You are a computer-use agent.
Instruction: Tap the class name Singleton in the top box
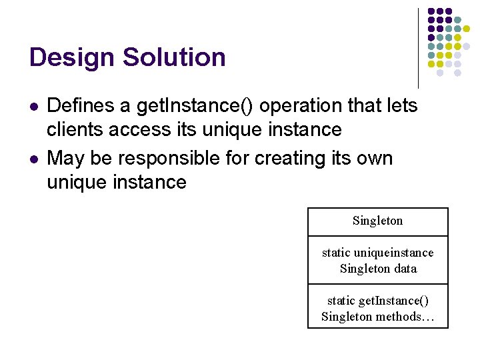point(377,221)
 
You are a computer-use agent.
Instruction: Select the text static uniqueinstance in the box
point(377,253)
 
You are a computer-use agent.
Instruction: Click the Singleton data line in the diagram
point(377,269)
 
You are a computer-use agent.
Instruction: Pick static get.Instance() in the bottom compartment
point(377,301)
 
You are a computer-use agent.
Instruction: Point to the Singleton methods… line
point(377,317)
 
